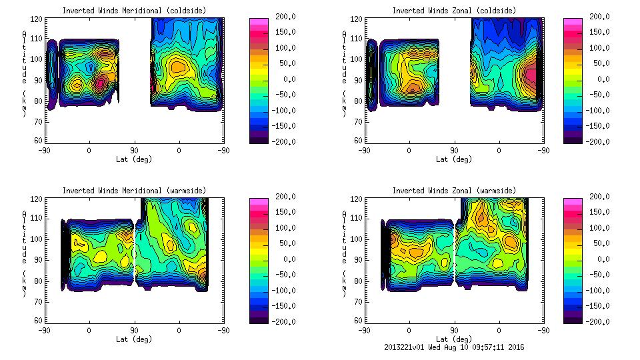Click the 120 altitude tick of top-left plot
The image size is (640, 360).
pos(39,20)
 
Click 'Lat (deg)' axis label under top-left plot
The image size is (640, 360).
pos(134,159)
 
